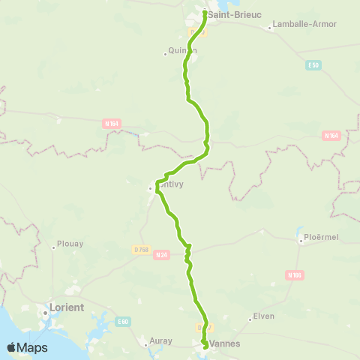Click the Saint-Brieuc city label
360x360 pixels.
pos(234,14)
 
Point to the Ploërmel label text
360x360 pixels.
pos(322,240)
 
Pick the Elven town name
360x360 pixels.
pos(264,316)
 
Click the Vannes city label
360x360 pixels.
pos(225,344)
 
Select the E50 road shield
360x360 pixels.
pos(313,65)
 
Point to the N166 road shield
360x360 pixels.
pos(294,275)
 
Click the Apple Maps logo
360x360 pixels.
pos(27,347)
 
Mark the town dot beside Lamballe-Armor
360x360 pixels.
pos(270,28)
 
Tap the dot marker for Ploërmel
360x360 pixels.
pos(300,241)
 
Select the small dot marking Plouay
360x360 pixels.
pos(53,245)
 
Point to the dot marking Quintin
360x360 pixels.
pos(165,52)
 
